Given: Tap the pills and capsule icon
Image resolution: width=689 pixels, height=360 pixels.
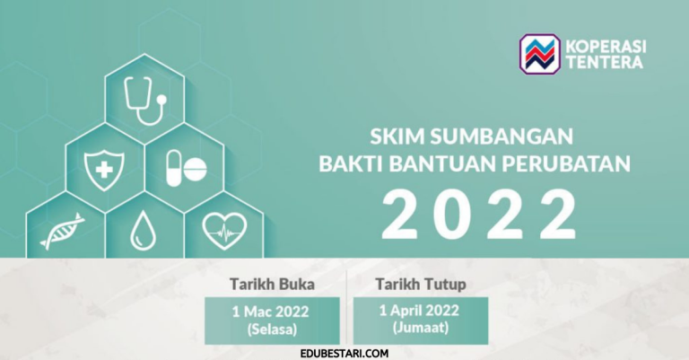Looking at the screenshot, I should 185,167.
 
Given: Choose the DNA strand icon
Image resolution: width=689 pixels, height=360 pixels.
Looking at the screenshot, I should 62,231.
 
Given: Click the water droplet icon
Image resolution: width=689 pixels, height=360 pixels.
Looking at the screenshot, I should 142,231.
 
